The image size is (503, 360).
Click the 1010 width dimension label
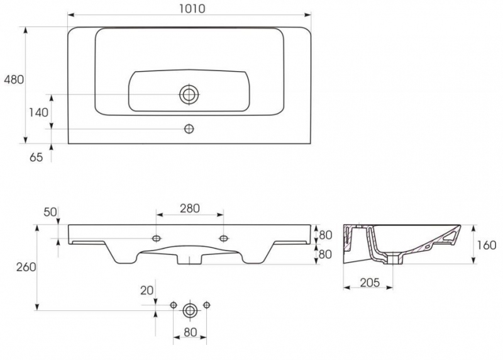click(x=192, y=9)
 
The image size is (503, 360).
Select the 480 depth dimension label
click(x=14, y=79)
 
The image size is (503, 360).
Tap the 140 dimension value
click(x=38, y=113)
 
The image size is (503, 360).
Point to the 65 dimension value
click(x=36, y=157)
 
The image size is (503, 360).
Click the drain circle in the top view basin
click(x=189, y=94)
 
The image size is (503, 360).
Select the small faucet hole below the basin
click(x=189, y=129)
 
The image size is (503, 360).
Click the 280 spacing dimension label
click(x=190, y=208)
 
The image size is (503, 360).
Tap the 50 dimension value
click(x=50, y=212)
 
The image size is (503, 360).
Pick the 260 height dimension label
click(x=26, y=267)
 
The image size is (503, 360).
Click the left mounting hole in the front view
click(x=157, y=239)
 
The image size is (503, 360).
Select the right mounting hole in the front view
click(x=224, y=239)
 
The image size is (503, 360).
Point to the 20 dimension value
click(x=147, y=291)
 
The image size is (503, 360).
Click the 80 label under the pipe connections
click(x=190, y=332)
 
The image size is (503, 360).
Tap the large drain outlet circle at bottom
click(x=190, y=310)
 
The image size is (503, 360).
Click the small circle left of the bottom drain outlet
click(x=174, y=305)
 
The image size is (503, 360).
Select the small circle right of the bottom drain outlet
click(x=207, y=305)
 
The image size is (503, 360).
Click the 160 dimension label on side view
click(x=487, y=245)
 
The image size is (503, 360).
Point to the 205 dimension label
click(x=370, y=283)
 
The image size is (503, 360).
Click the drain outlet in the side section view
click(x=393, y=259)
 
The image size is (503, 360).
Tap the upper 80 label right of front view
click(x=325, y=235)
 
